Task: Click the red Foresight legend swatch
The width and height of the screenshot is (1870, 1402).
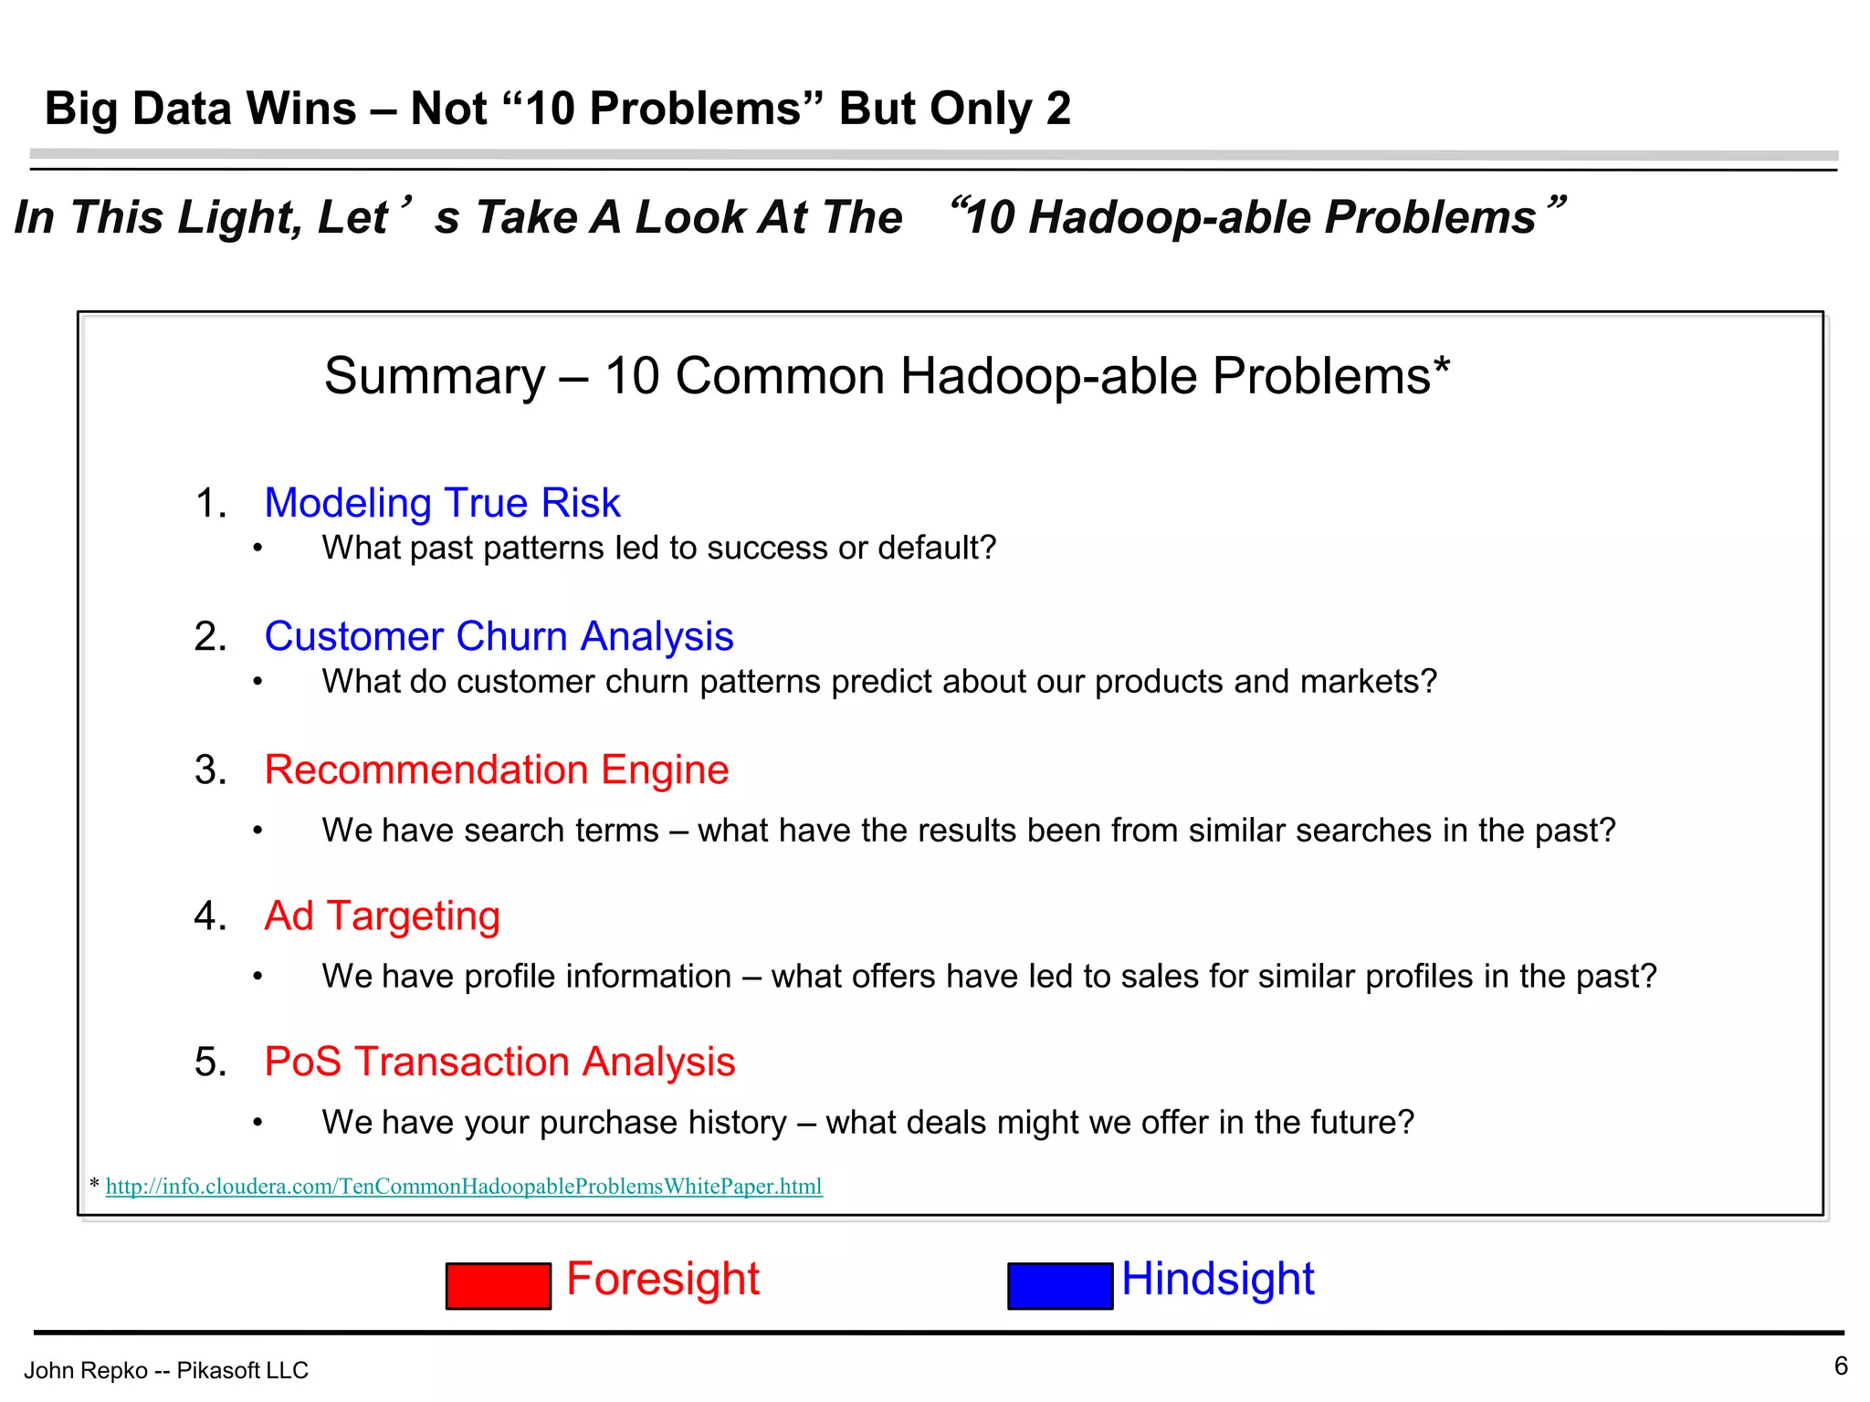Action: [498, 1285]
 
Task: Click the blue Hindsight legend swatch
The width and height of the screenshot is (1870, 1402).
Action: [1059, 1285]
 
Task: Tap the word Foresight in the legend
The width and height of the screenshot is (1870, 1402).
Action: [663, 1278]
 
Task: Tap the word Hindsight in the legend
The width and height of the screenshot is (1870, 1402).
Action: [1217, 1278]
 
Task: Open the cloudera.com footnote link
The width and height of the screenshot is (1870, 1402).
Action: [464, 1186]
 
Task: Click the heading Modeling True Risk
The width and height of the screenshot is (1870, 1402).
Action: [442, 503]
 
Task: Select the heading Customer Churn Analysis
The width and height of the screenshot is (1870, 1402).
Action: [499, 636]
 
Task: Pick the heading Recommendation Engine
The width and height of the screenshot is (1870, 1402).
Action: [496, 769]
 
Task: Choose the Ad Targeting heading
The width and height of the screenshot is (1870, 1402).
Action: [382, 915]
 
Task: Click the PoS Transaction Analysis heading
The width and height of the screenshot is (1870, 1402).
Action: [499, 1062]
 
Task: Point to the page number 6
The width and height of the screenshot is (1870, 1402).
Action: [1841, 1365]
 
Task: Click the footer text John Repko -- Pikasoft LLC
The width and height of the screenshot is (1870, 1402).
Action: [166, 1370]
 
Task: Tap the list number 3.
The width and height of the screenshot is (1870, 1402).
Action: [209, 770]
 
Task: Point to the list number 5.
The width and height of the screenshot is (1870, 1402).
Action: [209, 1062]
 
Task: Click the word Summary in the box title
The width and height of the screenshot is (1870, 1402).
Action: [434, 376]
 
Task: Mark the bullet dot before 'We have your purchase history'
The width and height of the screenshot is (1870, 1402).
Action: [258, 1123]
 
